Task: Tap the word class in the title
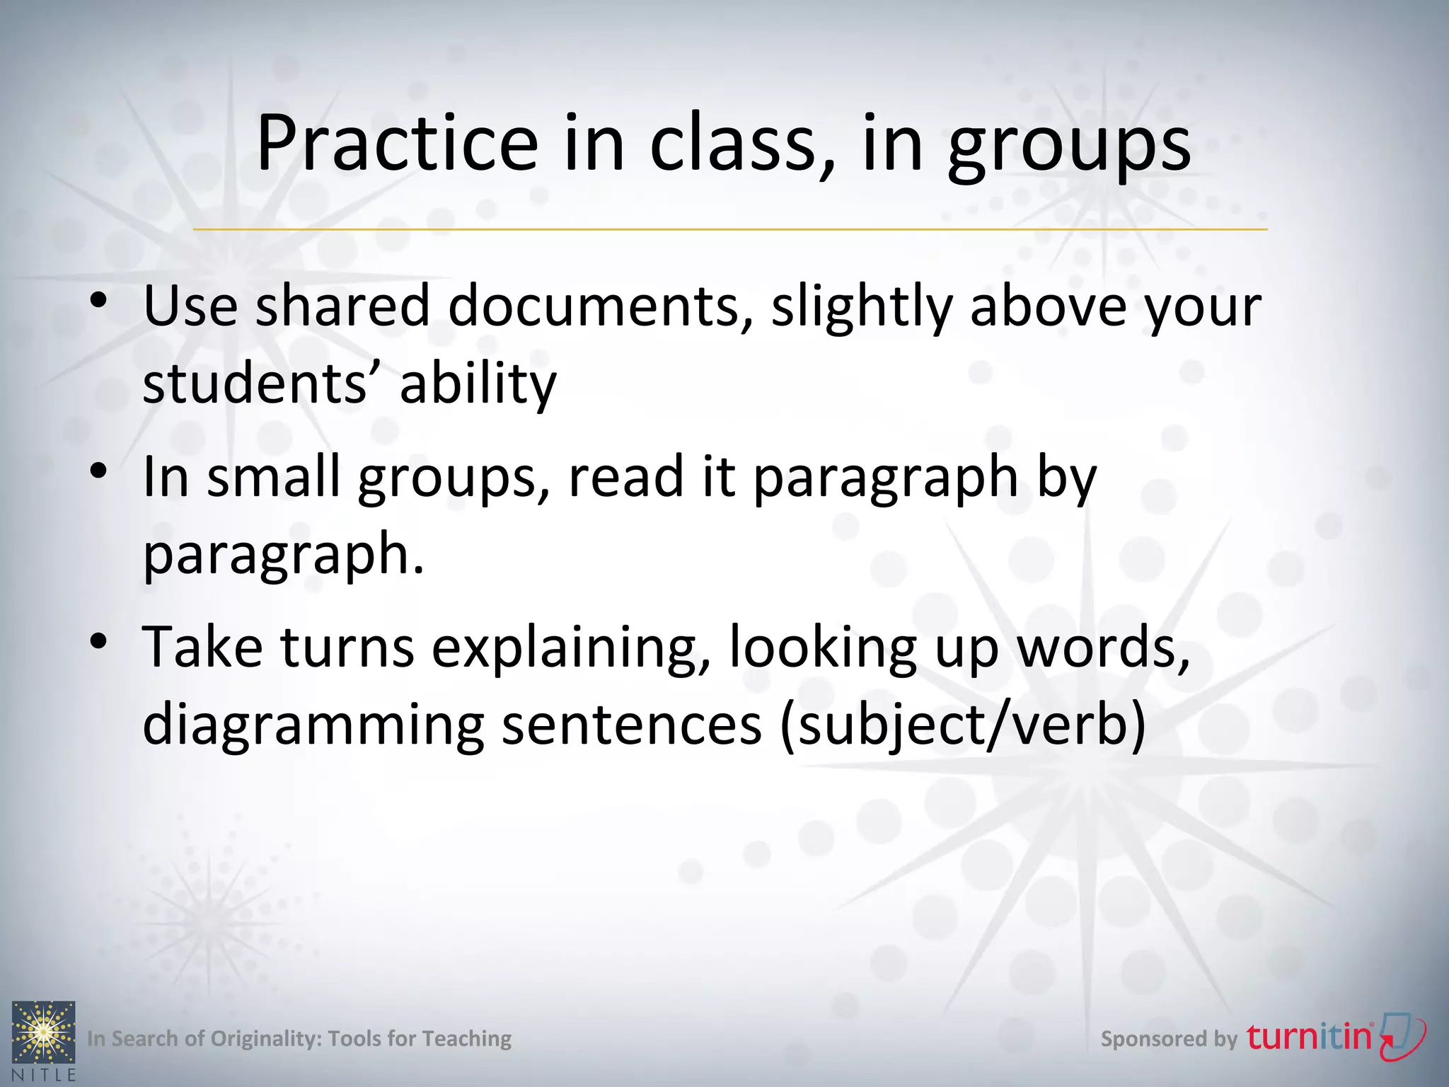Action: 733,144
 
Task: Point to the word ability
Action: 478,384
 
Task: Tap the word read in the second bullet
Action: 626,477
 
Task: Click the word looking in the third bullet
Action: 823,648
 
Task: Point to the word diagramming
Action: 313,725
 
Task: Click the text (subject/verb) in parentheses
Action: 962,725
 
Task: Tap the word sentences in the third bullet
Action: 632,725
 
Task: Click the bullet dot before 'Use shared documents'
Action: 99,300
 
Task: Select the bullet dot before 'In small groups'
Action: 99,471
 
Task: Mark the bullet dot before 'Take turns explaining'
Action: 99,641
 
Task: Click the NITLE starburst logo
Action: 43,1033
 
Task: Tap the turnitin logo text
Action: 1309,1037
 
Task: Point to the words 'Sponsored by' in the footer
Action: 1169,1039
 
